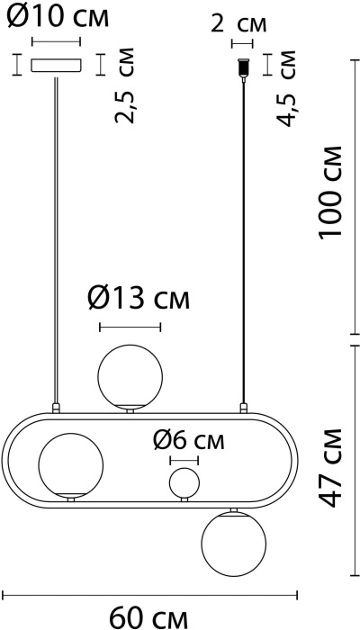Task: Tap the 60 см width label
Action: click(x=149, y=617)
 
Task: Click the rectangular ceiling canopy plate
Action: click(x=56, y=65)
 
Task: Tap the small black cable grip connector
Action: click(x=241, y=67)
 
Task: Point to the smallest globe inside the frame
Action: click(x=184, y=481)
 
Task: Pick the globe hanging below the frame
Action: click(x=234, y=544)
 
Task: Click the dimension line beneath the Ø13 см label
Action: click(x=130, y=327)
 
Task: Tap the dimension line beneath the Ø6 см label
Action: click(x=184, y=460)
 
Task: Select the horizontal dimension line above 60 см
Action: click(x=149, y=594)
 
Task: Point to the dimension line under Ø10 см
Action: click(x=56, y=41)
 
